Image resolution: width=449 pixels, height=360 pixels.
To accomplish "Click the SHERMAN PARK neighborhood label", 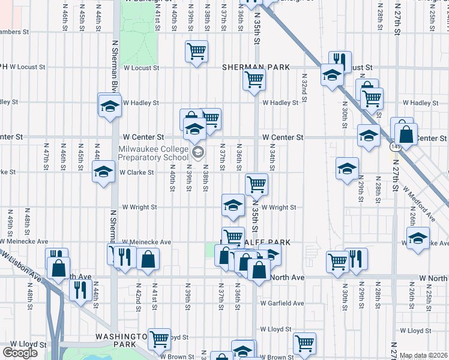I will (x=256, y=68).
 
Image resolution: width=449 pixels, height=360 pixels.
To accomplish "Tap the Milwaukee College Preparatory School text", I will (x=152, y=154).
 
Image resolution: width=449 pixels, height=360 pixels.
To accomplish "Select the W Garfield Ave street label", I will (x=282, y=303).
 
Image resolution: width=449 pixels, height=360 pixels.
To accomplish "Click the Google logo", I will (x=20, y=353).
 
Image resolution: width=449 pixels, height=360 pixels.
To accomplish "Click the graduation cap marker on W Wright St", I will (x=233, y=204).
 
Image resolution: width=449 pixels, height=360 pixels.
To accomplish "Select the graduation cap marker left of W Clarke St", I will (x=103, y=171).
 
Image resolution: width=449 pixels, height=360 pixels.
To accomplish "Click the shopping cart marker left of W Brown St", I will (x=159, y=339).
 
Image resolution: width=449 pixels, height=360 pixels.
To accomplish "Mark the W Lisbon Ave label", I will (x=20, y=266).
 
